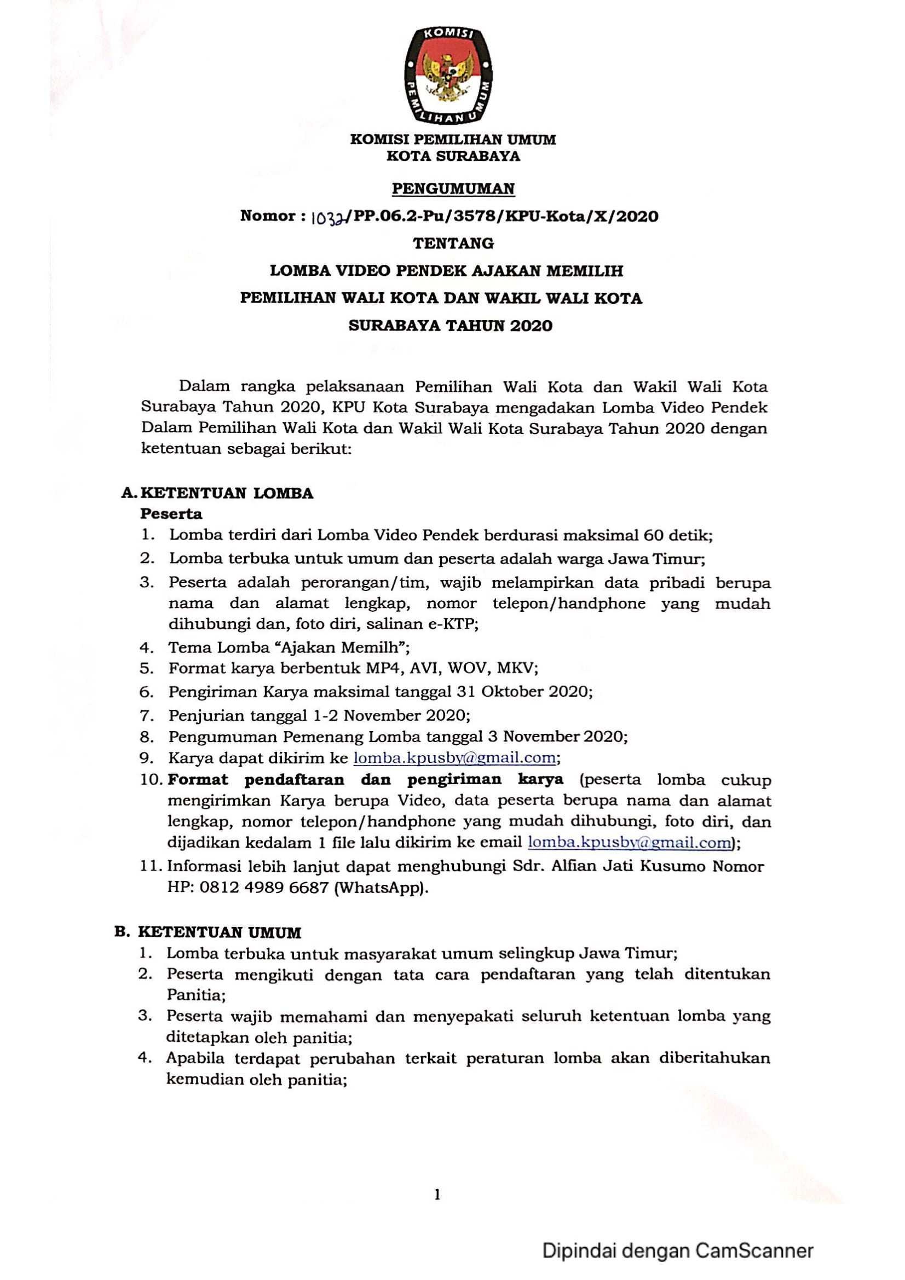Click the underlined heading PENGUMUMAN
453,189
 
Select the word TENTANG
453,244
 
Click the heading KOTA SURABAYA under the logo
453,157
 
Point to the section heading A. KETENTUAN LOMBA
217,494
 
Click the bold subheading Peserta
171,513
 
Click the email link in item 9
455,758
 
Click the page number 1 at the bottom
438,1194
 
